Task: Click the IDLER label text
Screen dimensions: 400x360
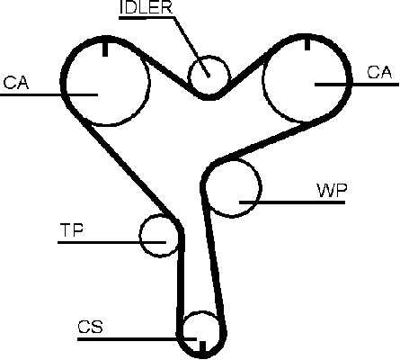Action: (146, 7)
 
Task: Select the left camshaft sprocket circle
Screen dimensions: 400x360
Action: (148, 81)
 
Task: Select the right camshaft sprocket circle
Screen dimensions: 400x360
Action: (262, 78)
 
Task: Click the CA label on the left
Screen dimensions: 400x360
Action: (16, 83)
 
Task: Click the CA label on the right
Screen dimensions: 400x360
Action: (379, 72)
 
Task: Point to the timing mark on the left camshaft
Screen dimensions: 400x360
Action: (105, 49)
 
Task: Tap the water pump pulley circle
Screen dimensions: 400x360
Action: (261, 187)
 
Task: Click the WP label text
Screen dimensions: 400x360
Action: (332, 190)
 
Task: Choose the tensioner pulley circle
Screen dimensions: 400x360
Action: (140, 236)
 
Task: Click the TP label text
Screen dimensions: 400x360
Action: (72, 230)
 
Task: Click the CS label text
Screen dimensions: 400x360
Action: (90, 327)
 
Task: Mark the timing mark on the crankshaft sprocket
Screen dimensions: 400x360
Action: (202, 346)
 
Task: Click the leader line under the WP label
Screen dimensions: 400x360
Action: (292, 202)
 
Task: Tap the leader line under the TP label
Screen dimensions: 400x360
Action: (111, 242)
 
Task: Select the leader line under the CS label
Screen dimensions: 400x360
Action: (137, 339)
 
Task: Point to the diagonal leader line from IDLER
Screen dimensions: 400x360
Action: (191, 47)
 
